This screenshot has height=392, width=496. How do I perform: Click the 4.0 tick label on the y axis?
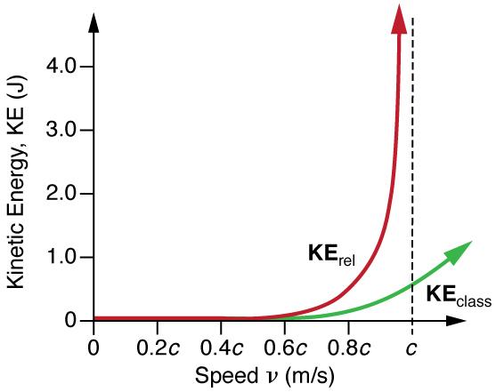click(x=61, y=67)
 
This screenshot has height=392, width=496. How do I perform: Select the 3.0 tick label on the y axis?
click(x=61, y=131)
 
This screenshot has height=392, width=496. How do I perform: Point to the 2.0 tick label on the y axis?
click(x=61, y=194)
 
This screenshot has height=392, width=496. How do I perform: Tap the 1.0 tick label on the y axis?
click(x=61, y=258)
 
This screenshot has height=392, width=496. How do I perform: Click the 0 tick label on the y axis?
click(x=72, y=321)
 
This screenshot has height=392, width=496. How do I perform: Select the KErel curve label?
click(x=329, y=256)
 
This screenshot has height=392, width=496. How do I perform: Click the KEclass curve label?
click(x=458, y=296)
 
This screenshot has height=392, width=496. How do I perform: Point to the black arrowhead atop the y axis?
click(x=94, y=18)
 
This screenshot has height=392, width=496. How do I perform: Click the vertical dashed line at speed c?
click(x=412, y=178)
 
